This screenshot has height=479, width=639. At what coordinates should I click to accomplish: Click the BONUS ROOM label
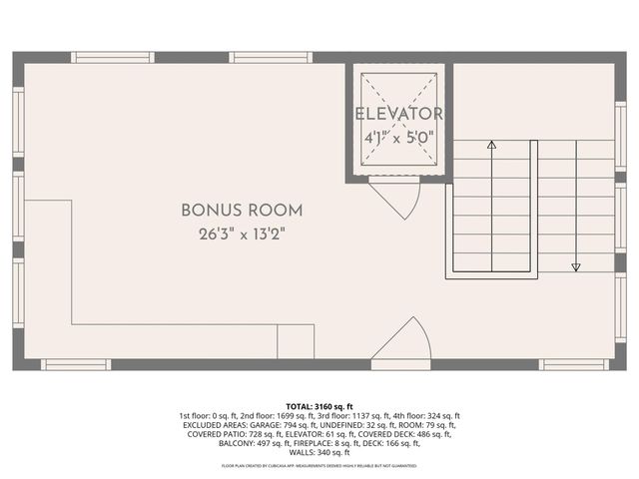(242, 211)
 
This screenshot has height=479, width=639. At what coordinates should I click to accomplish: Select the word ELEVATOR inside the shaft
(399, 114)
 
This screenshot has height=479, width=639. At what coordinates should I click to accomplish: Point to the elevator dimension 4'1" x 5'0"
(399, 139)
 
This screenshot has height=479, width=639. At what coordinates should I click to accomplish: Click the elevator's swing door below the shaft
(396, 198)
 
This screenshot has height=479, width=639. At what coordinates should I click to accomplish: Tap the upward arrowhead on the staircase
(491, 145)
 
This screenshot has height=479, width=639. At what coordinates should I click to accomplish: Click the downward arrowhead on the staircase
(576, 266)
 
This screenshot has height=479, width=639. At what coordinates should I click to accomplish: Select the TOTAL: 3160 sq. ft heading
(319, 407)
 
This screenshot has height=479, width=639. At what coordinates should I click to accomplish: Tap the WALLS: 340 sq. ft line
(319, 451)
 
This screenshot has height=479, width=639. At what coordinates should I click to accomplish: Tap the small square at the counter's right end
(296, 341)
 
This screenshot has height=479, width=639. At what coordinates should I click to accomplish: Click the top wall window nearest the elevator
(271, 57)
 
